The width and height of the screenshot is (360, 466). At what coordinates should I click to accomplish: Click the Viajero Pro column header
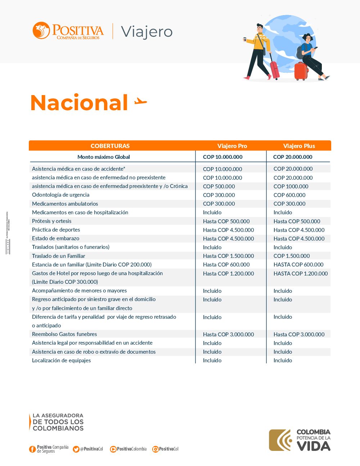[232, 146]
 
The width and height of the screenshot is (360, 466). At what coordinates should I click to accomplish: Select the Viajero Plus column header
[299, 146]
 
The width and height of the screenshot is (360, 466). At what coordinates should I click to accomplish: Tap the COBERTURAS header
[110, 146]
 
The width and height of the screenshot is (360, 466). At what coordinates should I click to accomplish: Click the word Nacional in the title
[79, 103]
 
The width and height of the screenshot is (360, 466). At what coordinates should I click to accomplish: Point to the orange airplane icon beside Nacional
[141, 102]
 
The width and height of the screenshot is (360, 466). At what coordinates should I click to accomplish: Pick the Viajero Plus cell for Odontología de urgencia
[289, 195]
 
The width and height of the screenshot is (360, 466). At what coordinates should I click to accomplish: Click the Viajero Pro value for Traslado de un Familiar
[228, 256]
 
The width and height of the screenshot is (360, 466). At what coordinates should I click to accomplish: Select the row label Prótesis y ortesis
[51, 221]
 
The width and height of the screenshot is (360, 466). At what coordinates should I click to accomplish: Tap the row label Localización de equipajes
[61, 360]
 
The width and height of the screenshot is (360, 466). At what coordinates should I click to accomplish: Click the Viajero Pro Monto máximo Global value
[222, 157]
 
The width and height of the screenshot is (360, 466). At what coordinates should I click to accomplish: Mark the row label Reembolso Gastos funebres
[64, 334]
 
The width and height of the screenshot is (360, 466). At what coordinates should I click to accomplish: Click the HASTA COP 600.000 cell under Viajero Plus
[298, 265]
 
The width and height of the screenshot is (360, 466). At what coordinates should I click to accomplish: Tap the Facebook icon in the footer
[32, 449]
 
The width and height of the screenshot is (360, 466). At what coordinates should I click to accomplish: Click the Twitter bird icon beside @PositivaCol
[76, 449]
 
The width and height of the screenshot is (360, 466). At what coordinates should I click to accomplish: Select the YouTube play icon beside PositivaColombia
[113, 449]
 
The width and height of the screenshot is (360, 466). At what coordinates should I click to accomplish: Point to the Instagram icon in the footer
[156, 449]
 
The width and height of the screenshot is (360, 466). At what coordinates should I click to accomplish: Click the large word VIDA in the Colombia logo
[314, 446]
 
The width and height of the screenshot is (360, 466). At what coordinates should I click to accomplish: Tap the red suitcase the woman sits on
[301, 71]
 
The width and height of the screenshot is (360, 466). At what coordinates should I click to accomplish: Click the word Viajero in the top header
[147, 32]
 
